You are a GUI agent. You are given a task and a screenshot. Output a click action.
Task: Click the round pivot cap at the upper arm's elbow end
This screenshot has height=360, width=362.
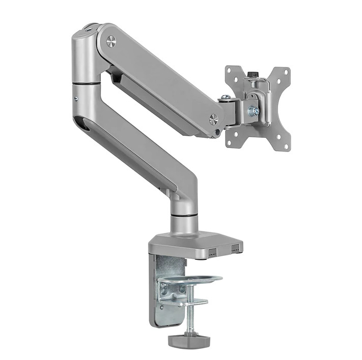click(x=111, y=42)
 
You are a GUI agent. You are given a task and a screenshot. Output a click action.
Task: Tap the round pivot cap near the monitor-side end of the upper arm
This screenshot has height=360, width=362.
click(x=214, y=119)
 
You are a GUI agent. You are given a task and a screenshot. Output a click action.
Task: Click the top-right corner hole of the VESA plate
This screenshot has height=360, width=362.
click(x=286, y=72)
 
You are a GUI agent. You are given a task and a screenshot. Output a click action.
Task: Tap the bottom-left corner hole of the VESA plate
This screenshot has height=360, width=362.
click(x=230, y=142)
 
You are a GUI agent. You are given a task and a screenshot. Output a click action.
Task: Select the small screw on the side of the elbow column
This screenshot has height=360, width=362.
click(x=75, y=99)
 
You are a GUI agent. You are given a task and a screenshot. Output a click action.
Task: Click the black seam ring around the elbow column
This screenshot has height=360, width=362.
click(x=86, y=82)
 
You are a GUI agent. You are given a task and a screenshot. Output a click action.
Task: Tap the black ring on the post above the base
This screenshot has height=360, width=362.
click(x=185, y=216)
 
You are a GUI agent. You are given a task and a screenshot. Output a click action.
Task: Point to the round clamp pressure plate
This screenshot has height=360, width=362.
click(x=190, y=279)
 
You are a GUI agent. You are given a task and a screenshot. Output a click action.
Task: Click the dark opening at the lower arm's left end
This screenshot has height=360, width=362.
click(x=81, y=124)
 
